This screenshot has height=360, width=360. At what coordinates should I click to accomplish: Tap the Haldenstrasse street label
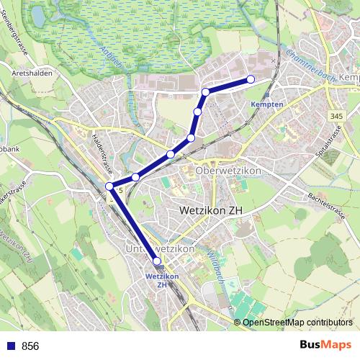click(x=104, y=155)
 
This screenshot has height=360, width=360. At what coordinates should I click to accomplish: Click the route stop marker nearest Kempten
click(x=251, y=79)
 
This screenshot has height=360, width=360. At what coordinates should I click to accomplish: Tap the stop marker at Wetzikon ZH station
click(x=157, y=261)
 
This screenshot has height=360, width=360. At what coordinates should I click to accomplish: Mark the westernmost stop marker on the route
click(x=109, y=186)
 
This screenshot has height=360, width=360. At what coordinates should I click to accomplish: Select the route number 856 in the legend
click(x=30, y=346)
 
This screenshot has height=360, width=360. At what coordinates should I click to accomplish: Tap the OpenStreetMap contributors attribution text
click(x=297, y=322)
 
